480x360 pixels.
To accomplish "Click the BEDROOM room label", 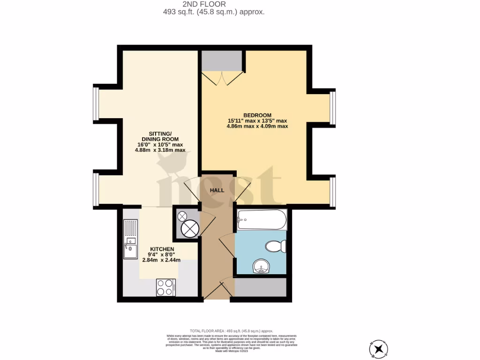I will click(257, 115).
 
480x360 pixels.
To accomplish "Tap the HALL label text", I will click(217, 190).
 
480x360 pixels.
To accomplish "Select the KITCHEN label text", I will click(162, 249).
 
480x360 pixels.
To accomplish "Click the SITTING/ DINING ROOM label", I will click(160, 136).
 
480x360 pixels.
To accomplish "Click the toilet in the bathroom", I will click(275, 246).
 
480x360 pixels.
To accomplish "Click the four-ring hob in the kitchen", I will click(165, 287).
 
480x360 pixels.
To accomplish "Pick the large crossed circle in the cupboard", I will click(191, 229).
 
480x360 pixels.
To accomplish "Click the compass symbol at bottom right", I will click(379, 348).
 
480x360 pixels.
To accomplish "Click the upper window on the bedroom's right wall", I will click(333, 109).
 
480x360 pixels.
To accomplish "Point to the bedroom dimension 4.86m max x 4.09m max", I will click(257, 126).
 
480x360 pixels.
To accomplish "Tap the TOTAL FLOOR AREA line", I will click(231, 331).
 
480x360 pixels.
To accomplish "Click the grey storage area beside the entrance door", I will click(260, 287).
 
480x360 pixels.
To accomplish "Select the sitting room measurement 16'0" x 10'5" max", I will click(160, 145).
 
